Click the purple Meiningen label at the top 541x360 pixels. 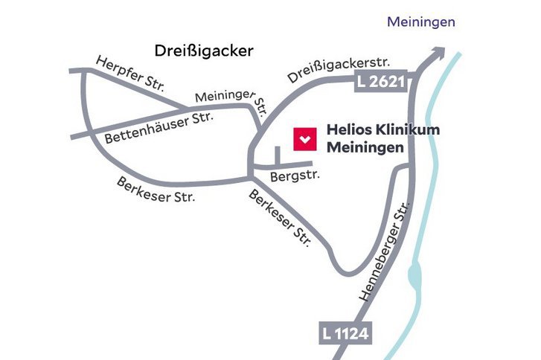420,22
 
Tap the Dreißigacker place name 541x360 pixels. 204,51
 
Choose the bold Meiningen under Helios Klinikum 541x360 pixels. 365,147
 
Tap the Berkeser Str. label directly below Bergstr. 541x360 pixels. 279,219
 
